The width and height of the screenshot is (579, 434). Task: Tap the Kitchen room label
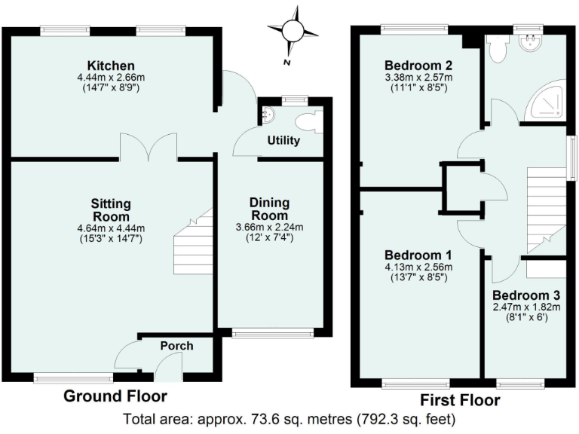tap(110, 66)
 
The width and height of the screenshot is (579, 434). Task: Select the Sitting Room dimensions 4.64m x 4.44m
tap(110, 228)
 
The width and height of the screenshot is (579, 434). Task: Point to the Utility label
tap(284, 141)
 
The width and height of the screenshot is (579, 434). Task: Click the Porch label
tap(177, 346)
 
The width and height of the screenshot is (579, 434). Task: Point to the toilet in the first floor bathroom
tap(496, 49)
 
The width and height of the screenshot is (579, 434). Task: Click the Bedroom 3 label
tap(526, 295)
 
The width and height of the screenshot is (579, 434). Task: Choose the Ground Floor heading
tap(115, 396)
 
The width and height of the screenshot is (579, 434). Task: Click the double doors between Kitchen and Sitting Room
tap(149, 149)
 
